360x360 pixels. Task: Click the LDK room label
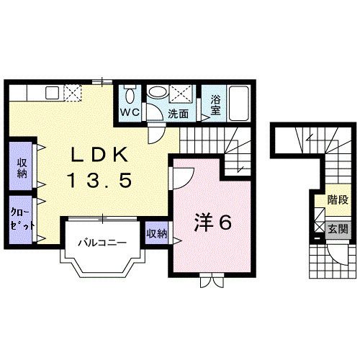pyautogui.click(x=100, y=155)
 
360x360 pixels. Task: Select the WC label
pyautogui.click(x=129, y=112)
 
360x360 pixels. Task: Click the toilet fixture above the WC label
pyautogui.click(x=130, y=94)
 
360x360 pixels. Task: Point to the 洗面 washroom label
pyautogui.click(x=178, y=113)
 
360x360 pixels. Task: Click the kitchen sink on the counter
pyautogui.click(x=51, y=92)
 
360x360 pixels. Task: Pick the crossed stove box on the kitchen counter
pyautogui.click(x=73, y=92)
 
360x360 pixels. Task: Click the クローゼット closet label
pyautogui.click(x=22, y=218)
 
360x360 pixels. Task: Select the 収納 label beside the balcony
pyautogui.click(x=156, y=234)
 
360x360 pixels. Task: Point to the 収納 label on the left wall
pyautogui.click(x=22, y=167)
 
